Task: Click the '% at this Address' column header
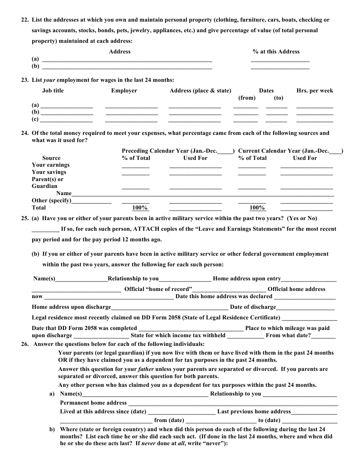point(276,52)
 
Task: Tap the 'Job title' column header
point(53,91)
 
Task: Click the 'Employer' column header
point(124,91)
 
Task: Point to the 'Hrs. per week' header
point(315,91)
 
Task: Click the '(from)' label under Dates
point(247,98)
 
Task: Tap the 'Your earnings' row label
point(51,165)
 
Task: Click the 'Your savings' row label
point(49,172)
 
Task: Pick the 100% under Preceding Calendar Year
point(140,208)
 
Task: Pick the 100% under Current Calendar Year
point(257,208)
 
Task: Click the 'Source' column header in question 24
point(51,158)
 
